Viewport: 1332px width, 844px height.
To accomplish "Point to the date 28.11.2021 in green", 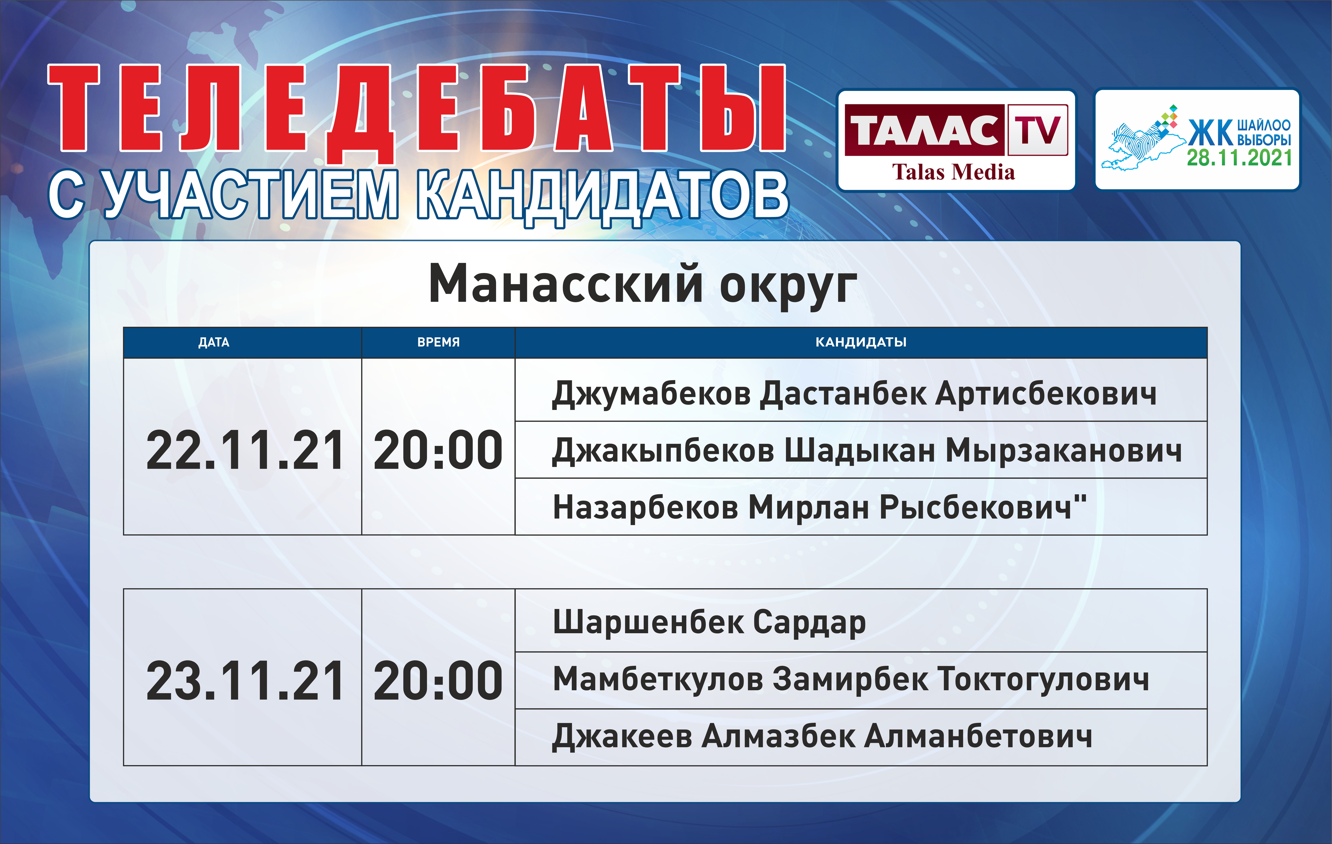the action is (x=1239, y=158).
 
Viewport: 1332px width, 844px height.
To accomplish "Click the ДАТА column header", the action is (x=213, y=342).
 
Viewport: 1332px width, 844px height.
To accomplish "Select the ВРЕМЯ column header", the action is (x=438, y=342).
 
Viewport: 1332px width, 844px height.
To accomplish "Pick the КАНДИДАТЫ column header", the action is (x=861, y=342).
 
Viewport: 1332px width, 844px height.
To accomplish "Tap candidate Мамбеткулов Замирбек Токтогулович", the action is (x=851, y=680).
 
